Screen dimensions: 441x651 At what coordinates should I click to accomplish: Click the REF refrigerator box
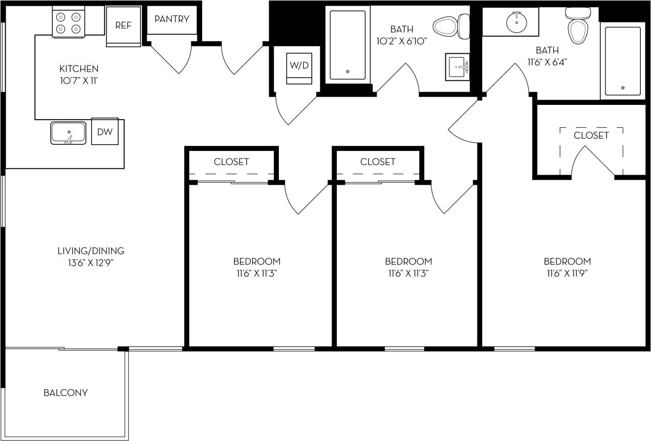[x=123, y=26]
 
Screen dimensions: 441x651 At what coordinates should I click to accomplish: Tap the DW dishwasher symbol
[x=105, y=131]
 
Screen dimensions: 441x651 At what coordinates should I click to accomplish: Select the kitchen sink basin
[x=68, y=133]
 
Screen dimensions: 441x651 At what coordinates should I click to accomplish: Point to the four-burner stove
[x=69, y=22]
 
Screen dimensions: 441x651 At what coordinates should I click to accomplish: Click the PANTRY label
[x=172, y=19]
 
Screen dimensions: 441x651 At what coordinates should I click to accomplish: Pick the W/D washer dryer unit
[x=299, y=65]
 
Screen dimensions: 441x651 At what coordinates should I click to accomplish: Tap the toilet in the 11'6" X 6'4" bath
[x=576, y=27]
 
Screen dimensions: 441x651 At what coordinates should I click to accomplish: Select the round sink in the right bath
[x=516, y=22]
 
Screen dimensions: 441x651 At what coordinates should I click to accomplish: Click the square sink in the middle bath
[x=459, y=67]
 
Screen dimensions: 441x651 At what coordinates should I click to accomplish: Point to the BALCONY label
[x=66, y=393]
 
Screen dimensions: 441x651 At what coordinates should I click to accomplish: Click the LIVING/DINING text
[x=91, y=251]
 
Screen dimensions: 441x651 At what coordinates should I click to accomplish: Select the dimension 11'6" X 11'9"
[x=567, y=273]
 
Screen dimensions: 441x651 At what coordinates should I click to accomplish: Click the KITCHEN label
[x=79, y=69]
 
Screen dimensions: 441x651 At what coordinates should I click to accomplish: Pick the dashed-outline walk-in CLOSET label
[x=591, y=136]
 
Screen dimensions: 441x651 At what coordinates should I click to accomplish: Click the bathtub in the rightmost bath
[x=623, y=61]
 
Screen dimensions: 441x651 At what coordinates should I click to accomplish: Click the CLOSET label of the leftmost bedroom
[x=231, y=162]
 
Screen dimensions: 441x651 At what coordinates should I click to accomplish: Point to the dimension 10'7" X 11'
[x=79, y=81]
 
